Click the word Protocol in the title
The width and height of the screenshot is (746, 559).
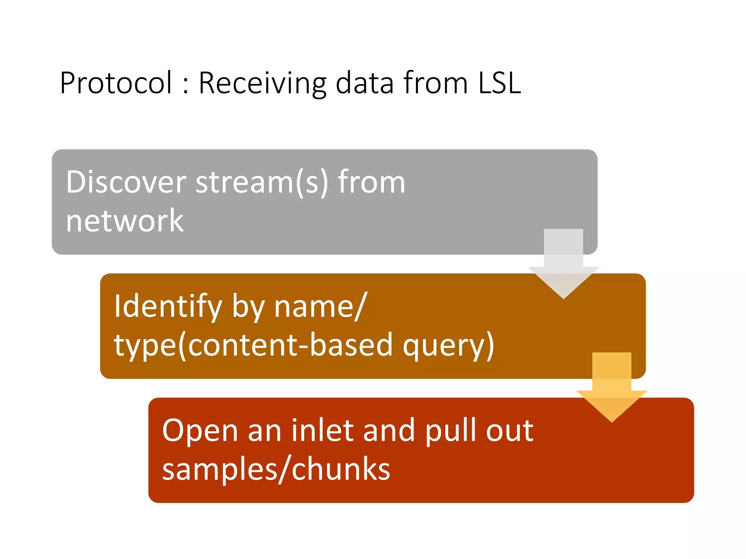click(115, 83)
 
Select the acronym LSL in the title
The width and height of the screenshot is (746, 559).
click(499, 83)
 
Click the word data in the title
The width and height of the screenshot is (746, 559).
click(365, 83)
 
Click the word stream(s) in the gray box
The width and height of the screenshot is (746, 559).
click(262, 182)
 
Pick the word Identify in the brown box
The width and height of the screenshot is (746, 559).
click(168, 306)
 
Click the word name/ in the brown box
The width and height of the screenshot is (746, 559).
click(320, 306)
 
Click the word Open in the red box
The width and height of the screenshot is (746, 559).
click(200, 431)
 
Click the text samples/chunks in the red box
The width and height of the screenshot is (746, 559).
click(276, 469)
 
